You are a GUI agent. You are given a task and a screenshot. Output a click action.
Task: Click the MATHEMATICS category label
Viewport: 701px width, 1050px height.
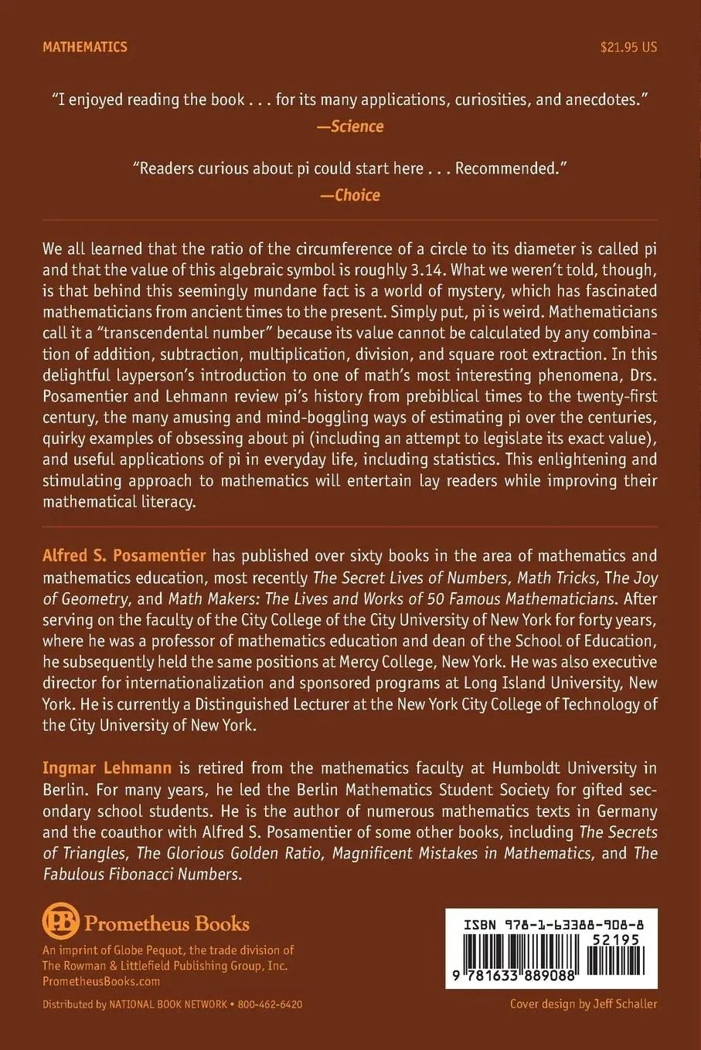click(85, 47)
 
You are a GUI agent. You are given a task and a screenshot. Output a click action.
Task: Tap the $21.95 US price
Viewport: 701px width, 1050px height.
click(628, 47)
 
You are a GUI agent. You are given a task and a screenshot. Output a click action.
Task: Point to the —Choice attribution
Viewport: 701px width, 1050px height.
click(350, 195)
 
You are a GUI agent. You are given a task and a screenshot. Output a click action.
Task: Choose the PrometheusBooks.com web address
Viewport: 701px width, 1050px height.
click(101, 981)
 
